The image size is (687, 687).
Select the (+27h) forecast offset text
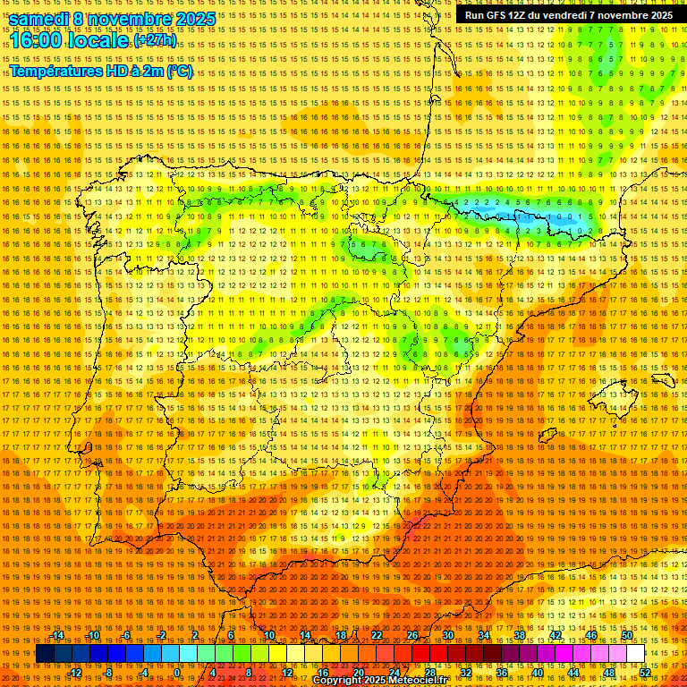coord(155,41)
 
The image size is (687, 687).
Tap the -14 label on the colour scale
coord(57,635)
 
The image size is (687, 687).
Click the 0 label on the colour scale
coord(177,673)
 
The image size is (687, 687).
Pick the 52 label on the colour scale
coord(644,673)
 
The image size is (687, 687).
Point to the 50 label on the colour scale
coord(627,635)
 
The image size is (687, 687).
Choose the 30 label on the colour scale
coord(447,635)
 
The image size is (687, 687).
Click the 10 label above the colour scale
coord(268,635)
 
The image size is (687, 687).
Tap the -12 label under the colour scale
coord(75,673)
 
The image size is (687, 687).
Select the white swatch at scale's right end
coord(635,654)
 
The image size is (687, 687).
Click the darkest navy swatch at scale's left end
coord(45,654)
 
